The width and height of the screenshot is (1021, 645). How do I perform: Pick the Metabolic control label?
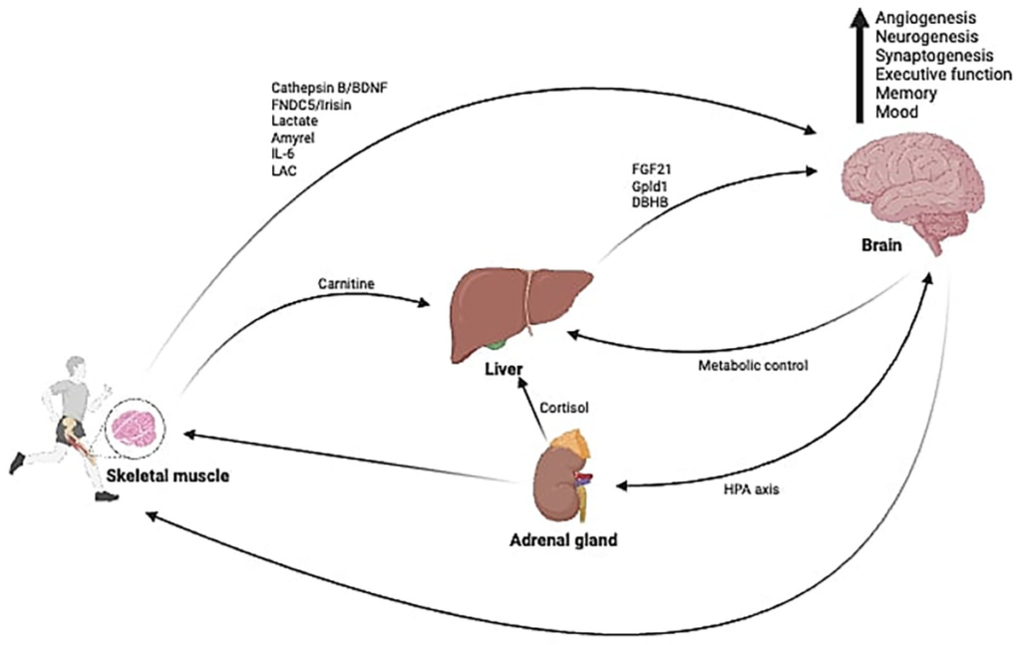click(x=755, y=365)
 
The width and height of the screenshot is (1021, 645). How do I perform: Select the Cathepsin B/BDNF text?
click(x=329, y=88)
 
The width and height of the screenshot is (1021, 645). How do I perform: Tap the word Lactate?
click(x=294, y=121)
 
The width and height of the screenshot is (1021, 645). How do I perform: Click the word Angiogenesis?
click(x=924, y=18)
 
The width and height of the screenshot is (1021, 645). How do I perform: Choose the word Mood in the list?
click(x=896, y=112)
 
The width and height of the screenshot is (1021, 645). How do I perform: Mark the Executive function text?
click(x=943, y=75)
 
